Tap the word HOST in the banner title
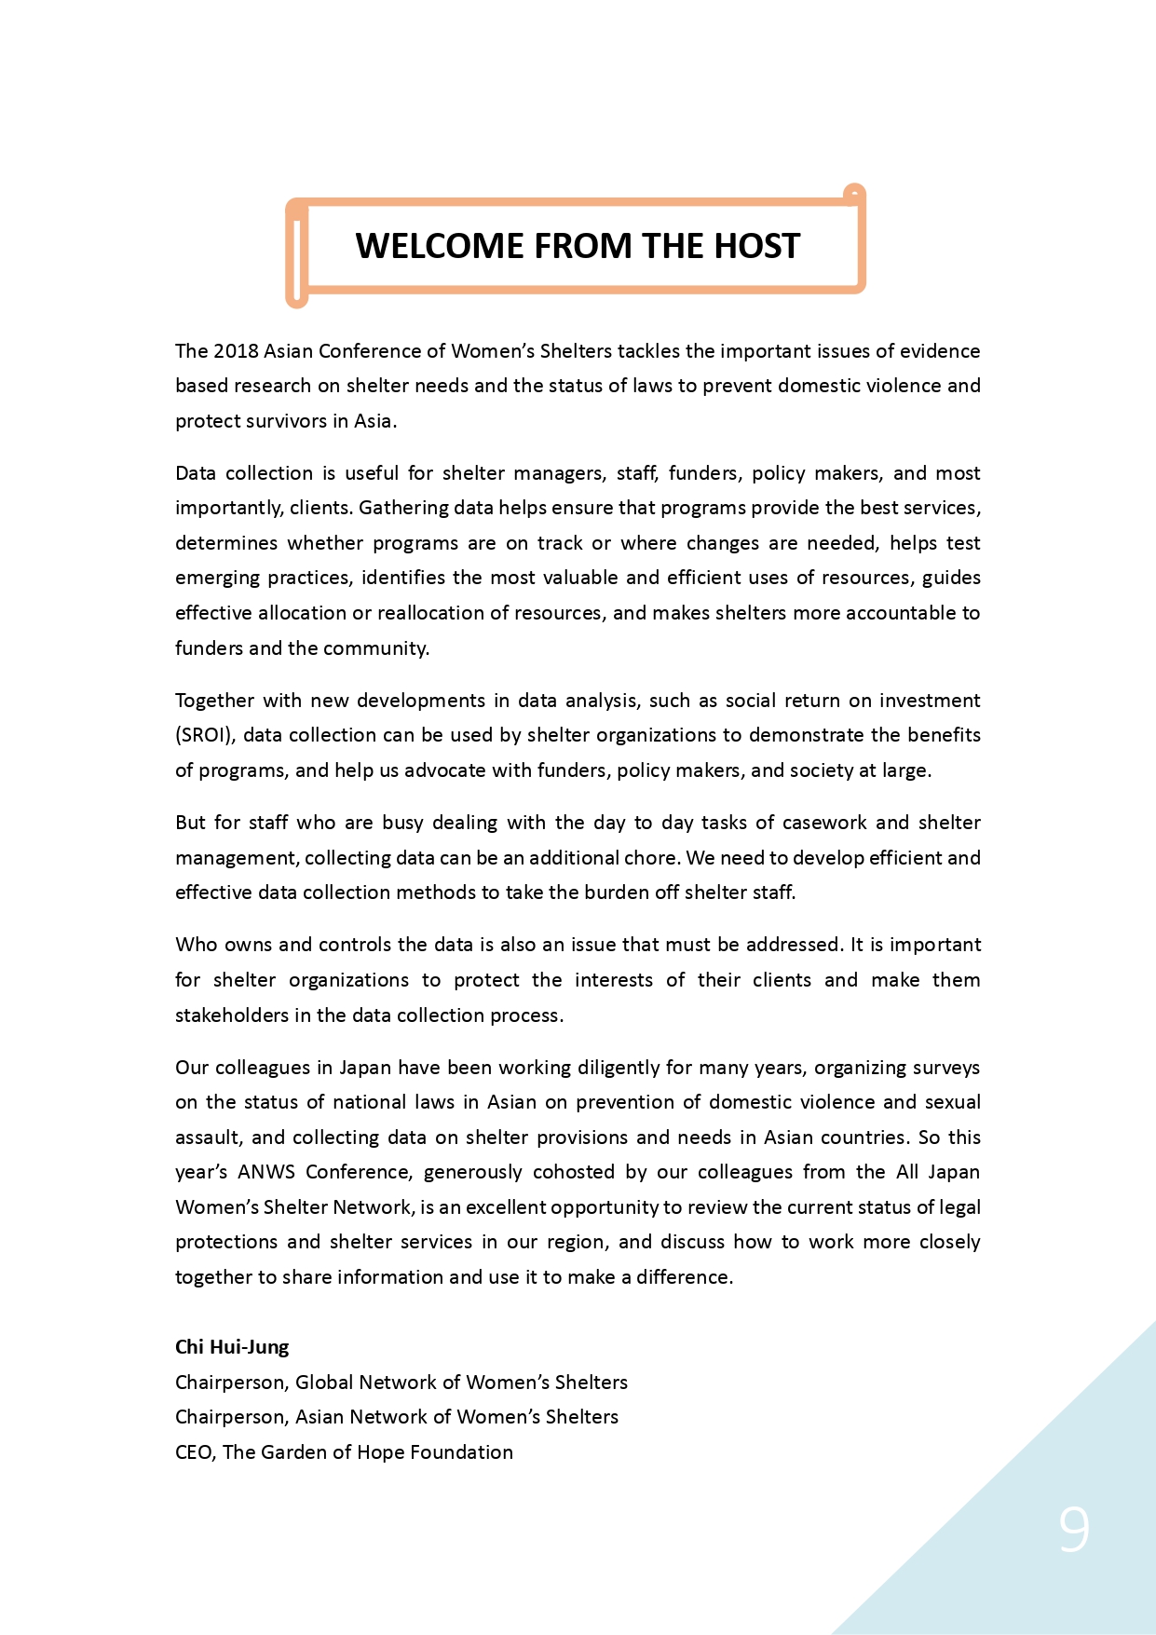point(756,246)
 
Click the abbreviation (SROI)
point(203,735)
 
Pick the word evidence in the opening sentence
point(939,351)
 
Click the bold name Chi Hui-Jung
point(232,1347)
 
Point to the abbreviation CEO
point(194,1452)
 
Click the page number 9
point(1073,1530)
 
